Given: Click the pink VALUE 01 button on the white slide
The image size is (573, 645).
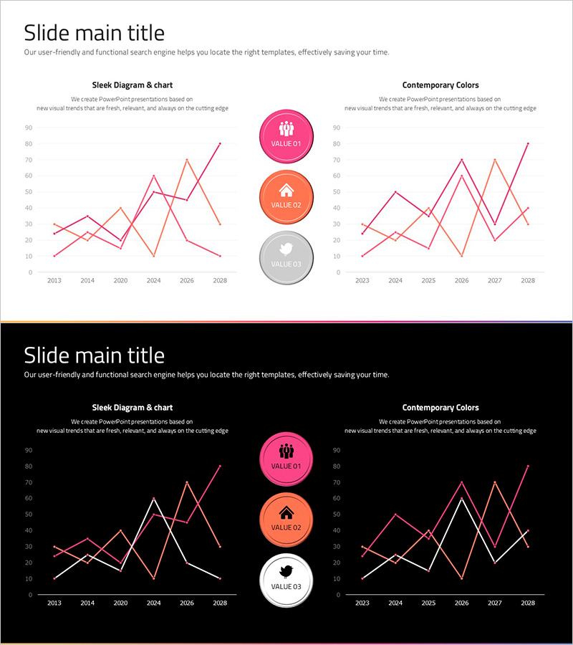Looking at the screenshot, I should point(286,137).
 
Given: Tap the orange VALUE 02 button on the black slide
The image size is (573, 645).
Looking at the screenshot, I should point(286,520).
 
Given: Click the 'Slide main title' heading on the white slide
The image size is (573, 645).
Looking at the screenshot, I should point(94,33).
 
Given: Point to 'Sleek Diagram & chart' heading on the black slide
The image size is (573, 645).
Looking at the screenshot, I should point(133,408).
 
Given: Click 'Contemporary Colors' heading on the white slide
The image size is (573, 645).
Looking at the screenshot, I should point(440,85).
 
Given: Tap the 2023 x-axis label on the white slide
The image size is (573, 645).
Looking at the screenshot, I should point(362,281).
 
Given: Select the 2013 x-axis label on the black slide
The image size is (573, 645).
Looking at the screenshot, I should point(54,603).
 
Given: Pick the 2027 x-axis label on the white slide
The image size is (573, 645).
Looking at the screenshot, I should point(494,281).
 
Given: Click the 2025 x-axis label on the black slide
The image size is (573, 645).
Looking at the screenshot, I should point(428,603).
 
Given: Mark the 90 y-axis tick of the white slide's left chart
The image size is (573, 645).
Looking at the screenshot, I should point(28,128).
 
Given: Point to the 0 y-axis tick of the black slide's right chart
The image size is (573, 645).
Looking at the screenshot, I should point(337,595).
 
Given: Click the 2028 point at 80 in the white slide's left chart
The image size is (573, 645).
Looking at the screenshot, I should point(220,143).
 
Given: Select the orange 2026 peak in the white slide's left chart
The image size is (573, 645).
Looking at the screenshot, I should point(187,160).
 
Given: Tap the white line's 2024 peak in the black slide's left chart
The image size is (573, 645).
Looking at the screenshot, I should point(153,498).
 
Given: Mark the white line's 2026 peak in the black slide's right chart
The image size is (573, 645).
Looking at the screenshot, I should point(461,498).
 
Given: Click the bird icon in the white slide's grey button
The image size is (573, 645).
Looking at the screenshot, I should point(286,249).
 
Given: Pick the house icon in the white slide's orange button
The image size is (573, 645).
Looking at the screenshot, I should point(286,190).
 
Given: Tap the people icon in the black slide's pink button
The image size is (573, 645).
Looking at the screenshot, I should point(286,451).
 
